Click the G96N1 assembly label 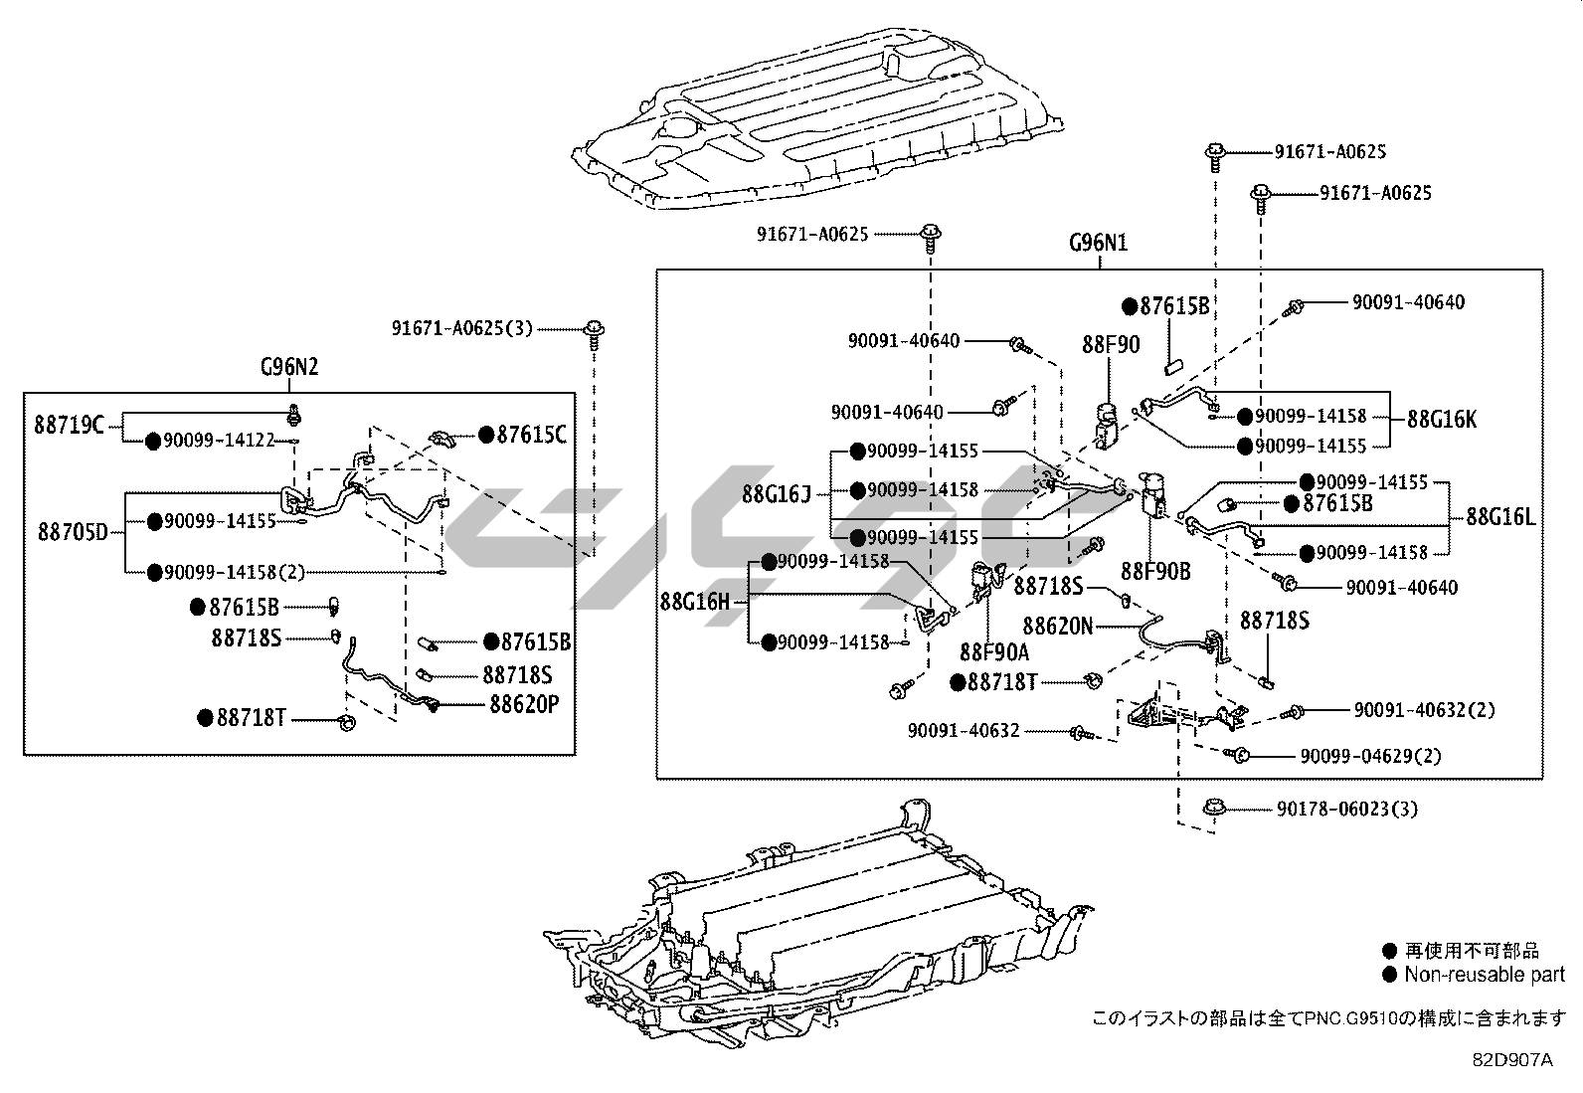[1098, 243]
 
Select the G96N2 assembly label [289, 367]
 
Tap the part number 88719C [69, 426]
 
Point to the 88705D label [73, 532]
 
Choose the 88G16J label [777, 493]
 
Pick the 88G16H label [694, 602]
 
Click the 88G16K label [1442, 420]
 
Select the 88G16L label [1500, 517]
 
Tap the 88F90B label [1155, 572]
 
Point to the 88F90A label [994, 652]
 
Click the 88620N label [1058, 627]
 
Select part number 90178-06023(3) [1347, 810]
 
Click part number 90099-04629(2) [1370, 757]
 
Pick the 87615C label [532, 435]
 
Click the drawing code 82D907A [1512, 1061]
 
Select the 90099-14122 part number [219, 441]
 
